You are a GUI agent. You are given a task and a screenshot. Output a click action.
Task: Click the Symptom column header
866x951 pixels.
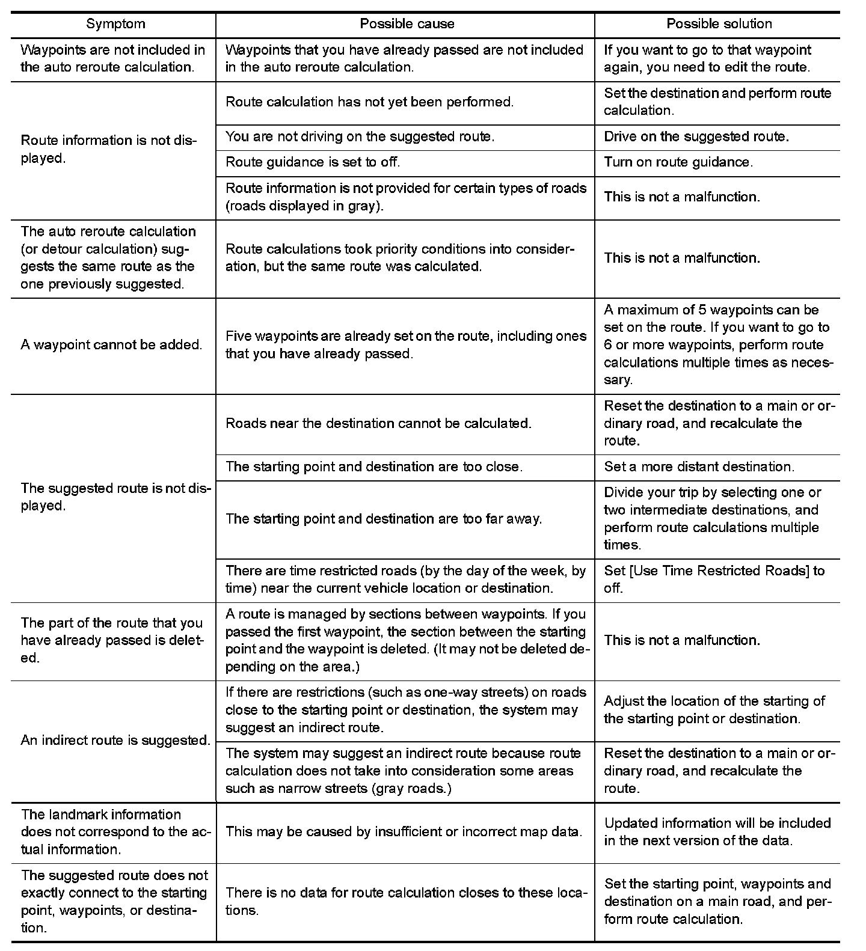click(115, 24)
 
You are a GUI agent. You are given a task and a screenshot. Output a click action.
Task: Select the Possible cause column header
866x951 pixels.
click(407, 24)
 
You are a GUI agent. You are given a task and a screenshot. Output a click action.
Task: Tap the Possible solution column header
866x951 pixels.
click(719, 24)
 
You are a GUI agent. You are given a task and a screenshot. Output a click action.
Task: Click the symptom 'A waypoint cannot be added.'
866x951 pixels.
click(112, 345)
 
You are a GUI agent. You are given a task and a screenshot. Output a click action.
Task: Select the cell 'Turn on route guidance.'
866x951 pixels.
click(678, 162)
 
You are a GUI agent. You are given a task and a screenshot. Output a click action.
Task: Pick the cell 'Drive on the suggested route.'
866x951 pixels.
click(696, 136)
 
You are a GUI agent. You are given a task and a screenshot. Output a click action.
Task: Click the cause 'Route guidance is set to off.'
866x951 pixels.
click(313, 162)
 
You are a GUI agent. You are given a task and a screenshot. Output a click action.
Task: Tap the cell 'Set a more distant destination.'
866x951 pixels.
click(699, 467)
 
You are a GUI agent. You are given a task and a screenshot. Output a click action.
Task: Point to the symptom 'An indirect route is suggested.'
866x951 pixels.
click(115, 741)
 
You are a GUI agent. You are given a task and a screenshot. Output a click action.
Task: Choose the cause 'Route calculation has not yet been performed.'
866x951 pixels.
click(370, 102)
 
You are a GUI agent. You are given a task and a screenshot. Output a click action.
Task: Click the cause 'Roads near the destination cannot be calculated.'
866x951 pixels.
click(378, 424)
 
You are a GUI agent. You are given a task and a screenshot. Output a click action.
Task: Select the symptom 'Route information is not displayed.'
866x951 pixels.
click(109, 150)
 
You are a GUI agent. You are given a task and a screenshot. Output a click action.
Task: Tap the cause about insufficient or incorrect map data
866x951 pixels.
click(404, 832)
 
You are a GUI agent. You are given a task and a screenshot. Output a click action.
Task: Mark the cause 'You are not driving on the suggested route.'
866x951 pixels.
click(360, 136)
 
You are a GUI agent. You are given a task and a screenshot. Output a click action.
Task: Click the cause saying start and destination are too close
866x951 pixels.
click(373, 467)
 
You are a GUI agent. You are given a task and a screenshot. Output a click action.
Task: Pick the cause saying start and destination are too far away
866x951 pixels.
click(384, 519)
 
